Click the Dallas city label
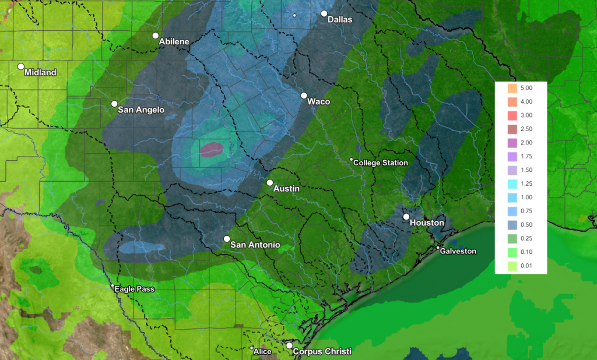340,19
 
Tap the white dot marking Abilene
156,36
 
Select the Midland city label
40,73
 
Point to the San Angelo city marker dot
115,104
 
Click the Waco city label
319,101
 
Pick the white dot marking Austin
270,182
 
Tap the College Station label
381,163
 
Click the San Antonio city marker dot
227,238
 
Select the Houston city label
427,223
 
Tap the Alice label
262,351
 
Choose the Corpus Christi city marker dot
289,345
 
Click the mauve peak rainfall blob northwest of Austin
212,149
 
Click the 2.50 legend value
526,129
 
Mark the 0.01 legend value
526,266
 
